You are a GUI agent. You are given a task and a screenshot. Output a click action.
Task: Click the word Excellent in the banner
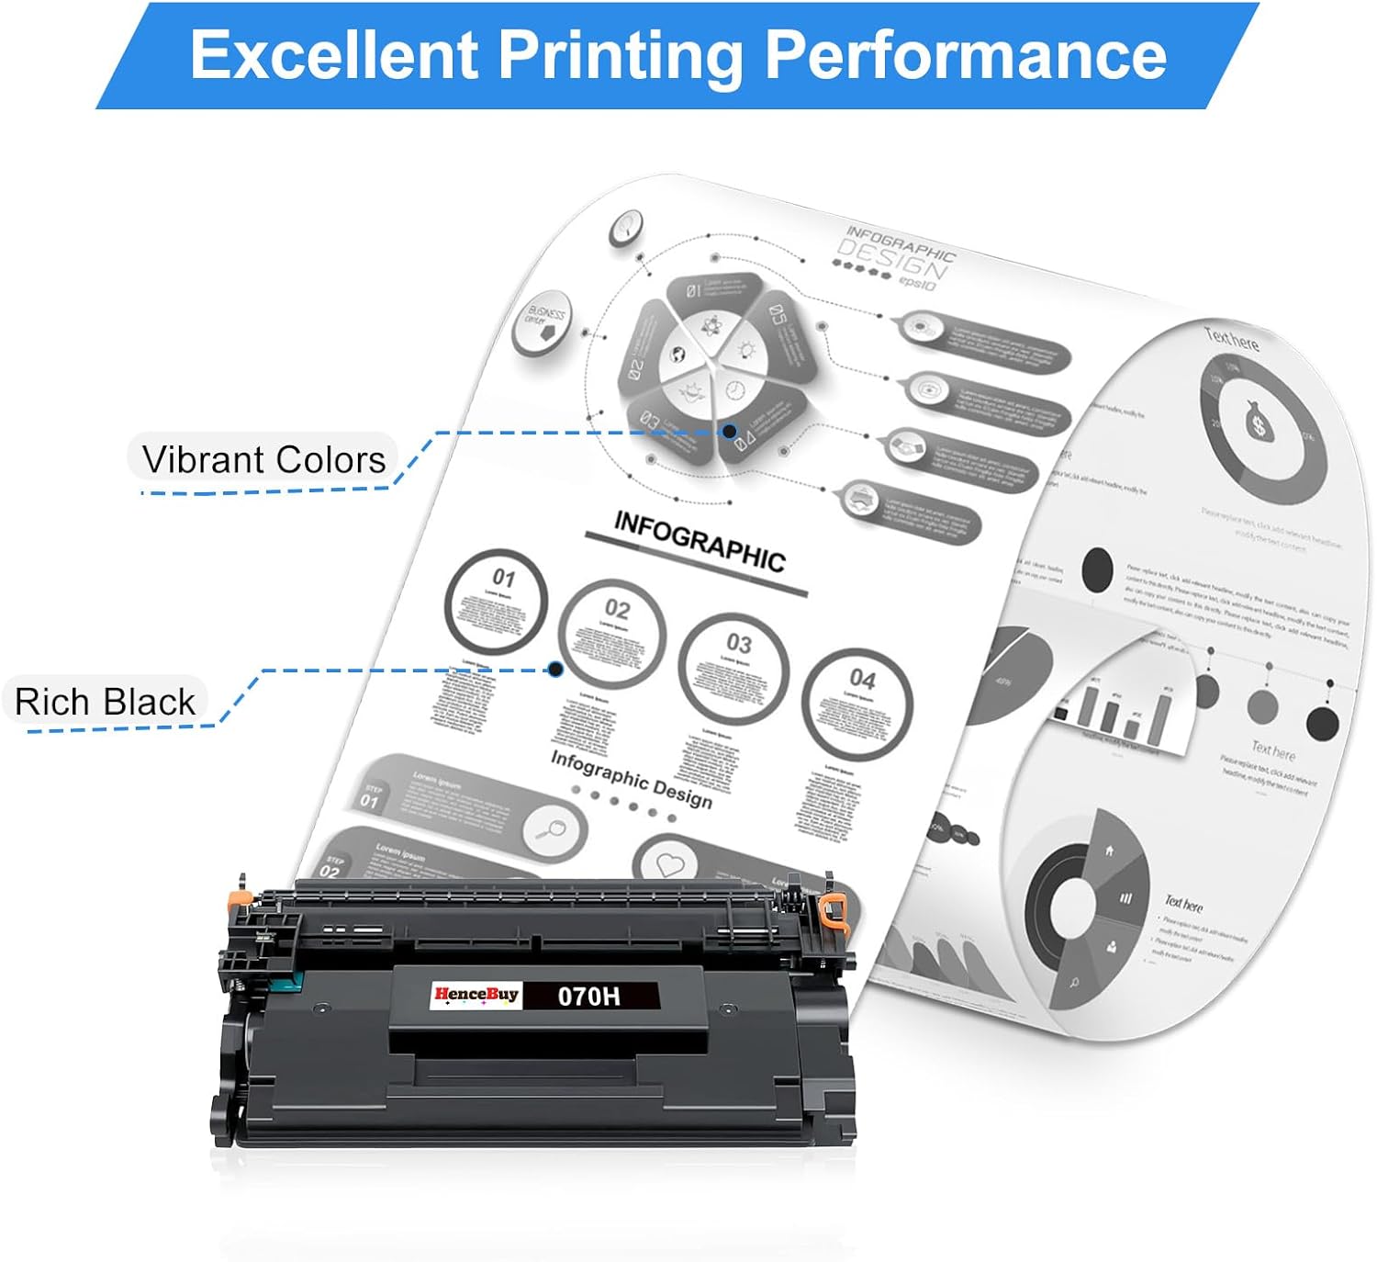click(334, 55)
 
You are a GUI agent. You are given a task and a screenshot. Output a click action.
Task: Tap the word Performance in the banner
click(966, 55)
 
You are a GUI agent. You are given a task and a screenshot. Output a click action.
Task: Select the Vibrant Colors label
click(263, 459)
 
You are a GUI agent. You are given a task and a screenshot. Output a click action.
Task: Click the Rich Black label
click(105, 703)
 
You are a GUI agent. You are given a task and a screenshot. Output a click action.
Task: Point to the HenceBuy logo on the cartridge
click(476, 995)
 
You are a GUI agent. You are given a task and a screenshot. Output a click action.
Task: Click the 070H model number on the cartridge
click(589, 996)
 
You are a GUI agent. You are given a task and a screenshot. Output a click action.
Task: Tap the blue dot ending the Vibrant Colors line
click(730, 431)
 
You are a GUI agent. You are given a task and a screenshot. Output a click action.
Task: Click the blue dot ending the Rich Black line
click(555, 670)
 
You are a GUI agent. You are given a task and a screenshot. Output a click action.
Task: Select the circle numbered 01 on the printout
click(496, 602)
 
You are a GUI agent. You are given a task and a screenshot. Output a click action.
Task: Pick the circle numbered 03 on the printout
click(733, 668)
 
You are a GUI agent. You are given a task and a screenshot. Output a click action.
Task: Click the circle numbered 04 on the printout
click(856, 703)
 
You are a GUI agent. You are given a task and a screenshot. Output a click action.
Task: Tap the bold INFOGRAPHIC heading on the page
click(699, 542)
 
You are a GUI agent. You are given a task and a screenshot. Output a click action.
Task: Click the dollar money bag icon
click(1259, 424)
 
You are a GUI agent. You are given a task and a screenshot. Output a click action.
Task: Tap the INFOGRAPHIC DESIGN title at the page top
click(893, 257)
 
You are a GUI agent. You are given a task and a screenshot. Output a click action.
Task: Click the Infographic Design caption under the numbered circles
click(631, 779)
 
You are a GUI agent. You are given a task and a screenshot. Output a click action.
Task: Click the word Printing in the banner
click(620, 55)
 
